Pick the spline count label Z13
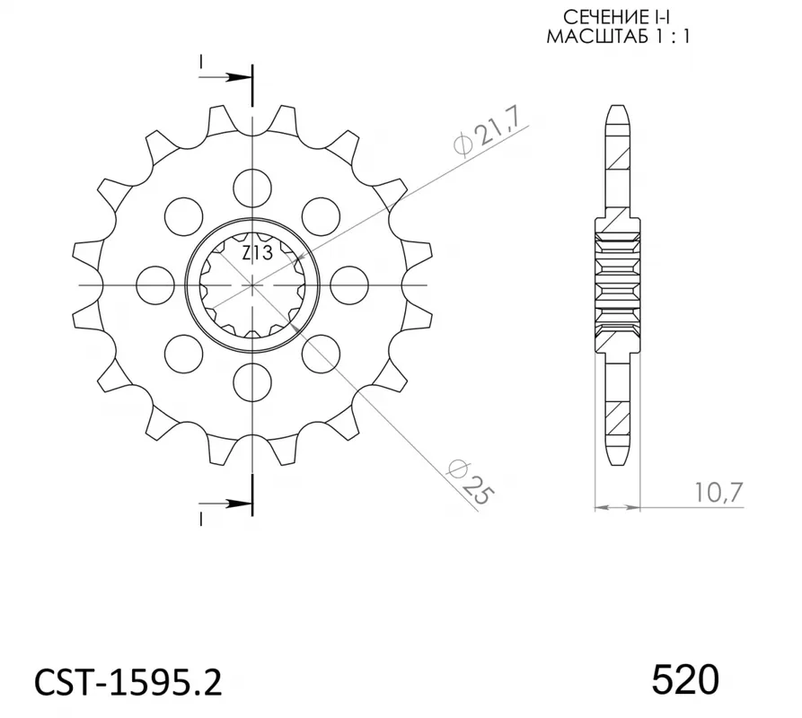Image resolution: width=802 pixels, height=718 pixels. pos(257,253)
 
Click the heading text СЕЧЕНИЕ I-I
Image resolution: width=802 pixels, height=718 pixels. pos(617,18)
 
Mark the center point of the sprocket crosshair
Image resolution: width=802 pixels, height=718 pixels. pos(253,285)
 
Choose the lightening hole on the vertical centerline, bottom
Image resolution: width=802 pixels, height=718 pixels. pos(252,384)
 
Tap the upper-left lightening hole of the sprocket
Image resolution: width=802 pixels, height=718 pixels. pos(184,215)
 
